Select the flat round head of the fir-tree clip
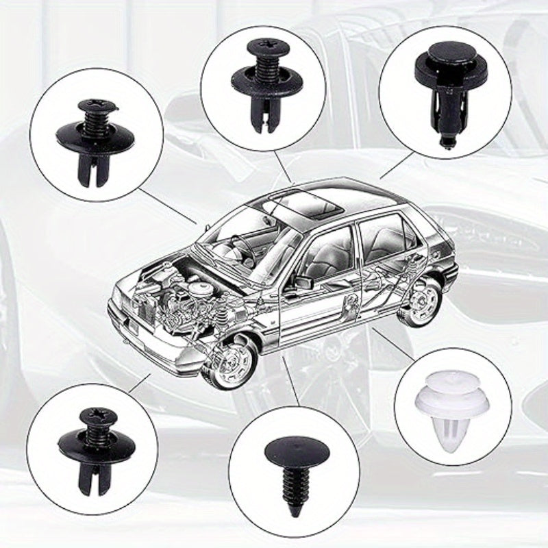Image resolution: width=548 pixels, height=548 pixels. click(293, 452)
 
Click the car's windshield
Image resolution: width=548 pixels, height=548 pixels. click(253, 236)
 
